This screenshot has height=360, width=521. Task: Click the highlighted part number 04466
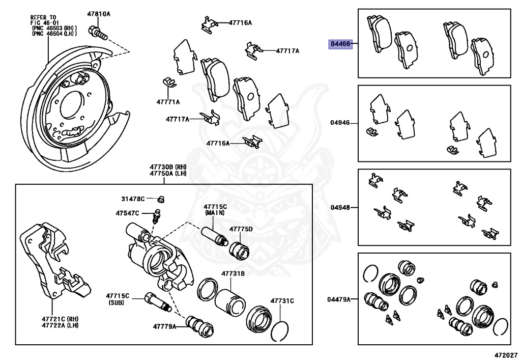[340, 44]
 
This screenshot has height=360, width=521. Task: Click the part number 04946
[340, 123]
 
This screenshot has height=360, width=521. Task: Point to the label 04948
[340, 207]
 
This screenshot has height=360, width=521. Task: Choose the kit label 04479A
[339, 299]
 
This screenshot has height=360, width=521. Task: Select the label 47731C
[282, 300]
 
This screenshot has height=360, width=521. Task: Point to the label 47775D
[241, 229]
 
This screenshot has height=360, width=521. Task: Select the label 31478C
[133, 198]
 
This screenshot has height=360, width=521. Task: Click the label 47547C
[127, 212]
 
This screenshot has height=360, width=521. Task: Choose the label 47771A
[168, 101]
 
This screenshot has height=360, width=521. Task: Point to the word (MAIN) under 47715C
[215, 212]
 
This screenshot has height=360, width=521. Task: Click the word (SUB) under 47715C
[118, 302]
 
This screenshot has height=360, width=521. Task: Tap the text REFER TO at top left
[43, 17]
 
